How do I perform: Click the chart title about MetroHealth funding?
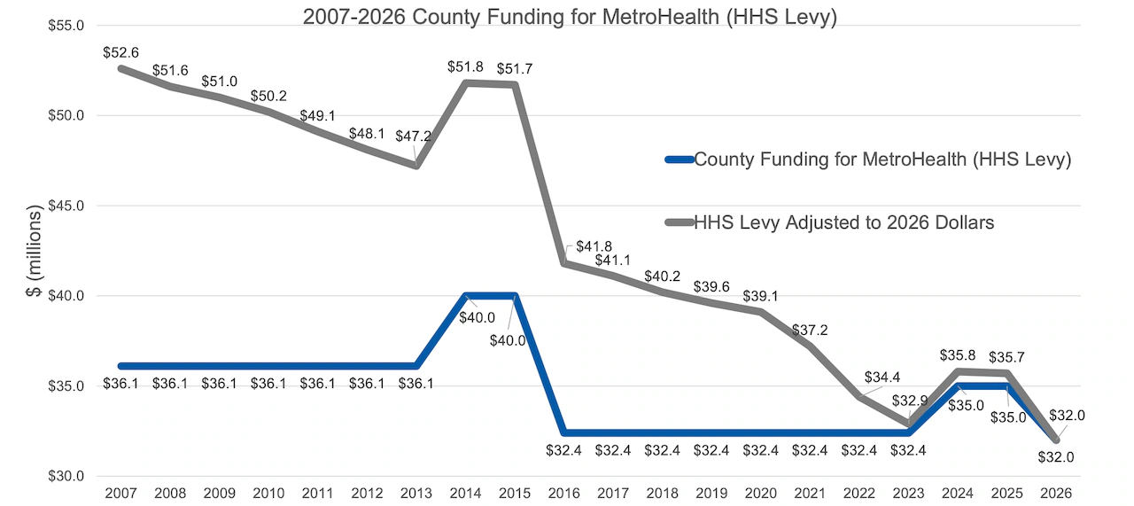(x=569, y=17)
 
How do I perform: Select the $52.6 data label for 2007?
(x=120, y=52)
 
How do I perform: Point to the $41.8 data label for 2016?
(x=594, y=246)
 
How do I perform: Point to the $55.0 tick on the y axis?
(x=67, y=26)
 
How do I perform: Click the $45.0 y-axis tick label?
(x=67, y=206)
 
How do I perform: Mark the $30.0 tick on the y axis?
(x=67, y=476)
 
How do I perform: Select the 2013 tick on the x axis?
(x=416, y=492)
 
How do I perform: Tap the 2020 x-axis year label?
(x=761, y=492)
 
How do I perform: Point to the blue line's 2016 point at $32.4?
(x=564, y=432)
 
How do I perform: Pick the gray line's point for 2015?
(x=515, y=85)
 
